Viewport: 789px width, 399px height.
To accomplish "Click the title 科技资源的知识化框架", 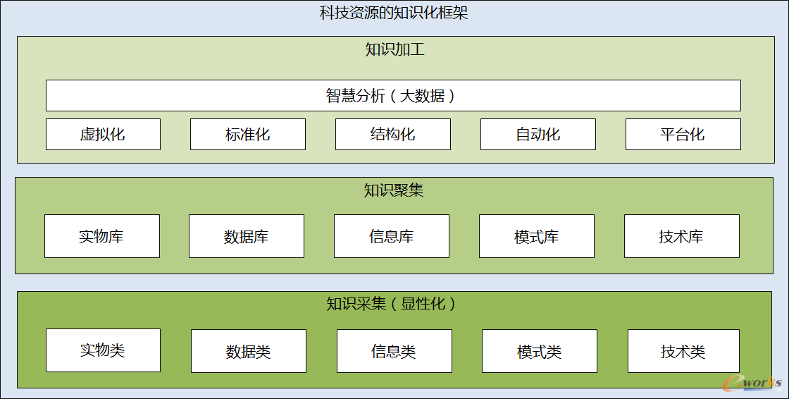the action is coord(394,13).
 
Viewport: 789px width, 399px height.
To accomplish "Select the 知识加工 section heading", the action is coord(395,49).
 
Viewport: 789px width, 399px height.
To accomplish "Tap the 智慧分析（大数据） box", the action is coord(393,95).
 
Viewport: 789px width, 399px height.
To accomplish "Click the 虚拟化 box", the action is coord(103,135).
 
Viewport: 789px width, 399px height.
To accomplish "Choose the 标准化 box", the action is coord(247,135).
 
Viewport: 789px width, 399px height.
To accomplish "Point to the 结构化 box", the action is coord(393,135).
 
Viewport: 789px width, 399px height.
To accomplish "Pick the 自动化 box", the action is coord(538,135).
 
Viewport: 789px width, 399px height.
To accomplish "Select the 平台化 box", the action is coord(683,135).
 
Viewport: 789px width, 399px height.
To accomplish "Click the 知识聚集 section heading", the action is coord(394,190).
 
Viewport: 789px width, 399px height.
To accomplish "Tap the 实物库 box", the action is coord(102,236).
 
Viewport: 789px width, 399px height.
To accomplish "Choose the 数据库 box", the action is coord(247,236).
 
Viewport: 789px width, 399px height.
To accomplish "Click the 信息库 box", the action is coord(392,236).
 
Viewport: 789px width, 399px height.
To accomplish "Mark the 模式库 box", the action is coord(536,236).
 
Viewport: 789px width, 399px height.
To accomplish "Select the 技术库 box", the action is coord(682,236).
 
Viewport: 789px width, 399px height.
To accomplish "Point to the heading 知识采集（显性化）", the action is coord(392,304).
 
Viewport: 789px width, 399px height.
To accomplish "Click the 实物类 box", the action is coord(103,350).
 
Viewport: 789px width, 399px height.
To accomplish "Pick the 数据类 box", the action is coord(249,351).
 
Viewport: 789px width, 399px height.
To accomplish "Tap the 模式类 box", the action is coord(540,351).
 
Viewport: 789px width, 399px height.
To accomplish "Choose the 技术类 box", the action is coord(684,351).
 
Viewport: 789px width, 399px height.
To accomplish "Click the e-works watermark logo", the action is coord(752,383).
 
